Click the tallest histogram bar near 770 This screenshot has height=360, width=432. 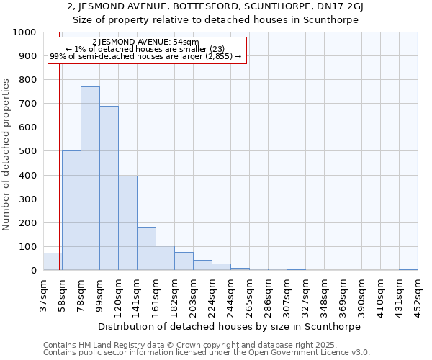click(90, 179)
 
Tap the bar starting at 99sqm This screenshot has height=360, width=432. click(109, 188)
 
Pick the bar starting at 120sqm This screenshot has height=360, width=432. click(127, 223)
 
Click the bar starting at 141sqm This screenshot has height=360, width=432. click(146, 248)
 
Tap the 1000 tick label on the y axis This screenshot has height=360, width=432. click(24, 33)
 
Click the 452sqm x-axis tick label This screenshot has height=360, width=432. click(418, 294)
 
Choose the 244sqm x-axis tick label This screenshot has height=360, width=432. click(231, 294)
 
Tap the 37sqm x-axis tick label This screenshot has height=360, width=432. click(44, 294)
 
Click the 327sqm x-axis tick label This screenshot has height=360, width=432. click(306, 294)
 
